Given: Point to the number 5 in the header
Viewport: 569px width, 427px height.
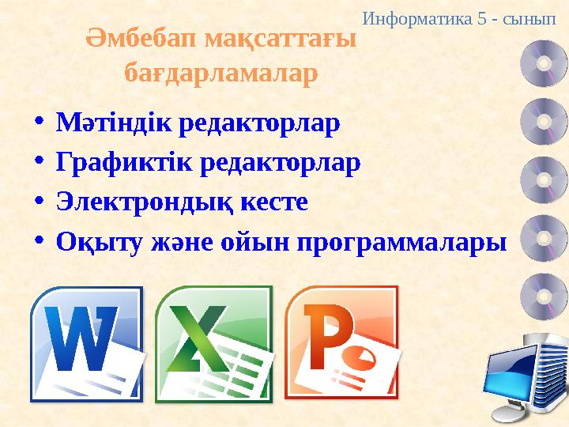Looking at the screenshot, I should coord(482,17).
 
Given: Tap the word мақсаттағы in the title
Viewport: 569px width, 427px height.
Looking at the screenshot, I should coord(280,38).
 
